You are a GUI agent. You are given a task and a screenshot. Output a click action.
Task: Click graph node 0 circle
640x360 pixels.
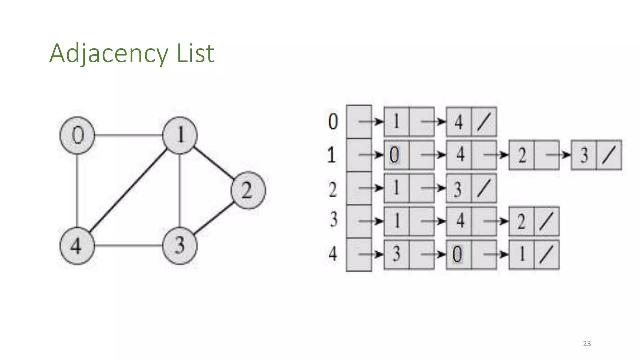click(x=77, y=135)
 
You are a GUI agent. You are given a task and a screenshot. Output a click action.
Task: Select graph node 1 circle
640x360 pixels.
click(x=180, y=135)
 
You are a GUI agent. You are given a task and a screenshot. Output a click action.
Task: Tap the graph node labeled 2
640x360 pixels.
click(x=248, y=190)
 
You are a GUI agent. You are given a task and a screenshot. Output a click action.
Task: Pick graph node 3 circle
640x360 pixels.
click(x=180, y=246)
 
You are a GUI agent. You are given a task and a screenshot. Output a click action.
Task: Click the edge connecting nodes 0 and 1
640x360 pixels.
click(x=128, y=135)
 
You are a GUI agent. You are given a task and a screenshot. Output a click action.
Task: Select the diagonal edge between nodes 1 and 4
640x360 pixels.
click(x=128, y=191)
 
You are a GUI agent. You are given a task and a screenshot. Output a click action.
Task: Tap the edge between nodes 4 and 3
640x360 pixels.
click(x=128, y=246)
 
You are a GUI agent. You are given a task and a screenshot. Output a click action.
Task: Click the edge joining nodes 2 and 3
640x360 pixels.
click(x=214, y=218)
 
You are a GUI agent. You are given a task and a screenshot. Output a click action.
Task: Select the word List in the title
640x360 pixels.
click(x=196, y=53)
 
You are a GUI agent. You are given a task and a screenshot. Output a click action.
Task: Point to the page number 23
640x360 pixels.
click(x=587, y=343)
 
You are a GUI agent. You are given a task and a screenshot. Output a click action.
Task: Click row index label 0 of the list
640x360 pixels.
click(x=333, y=122)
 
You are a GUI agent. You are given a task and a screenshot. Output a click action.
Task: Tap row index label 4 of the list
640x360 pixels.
click(x=333, y=254)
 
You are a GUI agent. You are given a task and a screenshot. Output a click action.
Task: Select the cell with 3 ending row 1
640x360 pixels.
click(x=584, y=155)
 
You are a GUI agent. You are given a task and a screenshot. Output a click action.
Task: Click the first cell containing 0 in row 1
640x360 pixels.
click(x=396, y=155)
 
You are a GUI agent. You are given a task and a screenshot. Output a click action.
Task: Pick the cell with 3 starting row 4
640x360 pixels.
click(x=396, y=254)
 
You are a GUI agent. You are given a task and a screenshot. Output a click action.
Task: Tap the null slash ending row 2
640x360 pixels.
click(x=483, y=188)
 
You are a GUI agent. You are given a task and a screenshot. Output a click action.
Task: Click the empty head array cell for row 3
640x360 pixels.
click(x=359, y=221)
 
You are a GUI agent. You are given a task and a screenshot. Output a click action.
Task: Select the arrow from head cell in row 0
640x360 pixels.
click(x=371, y=122)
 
